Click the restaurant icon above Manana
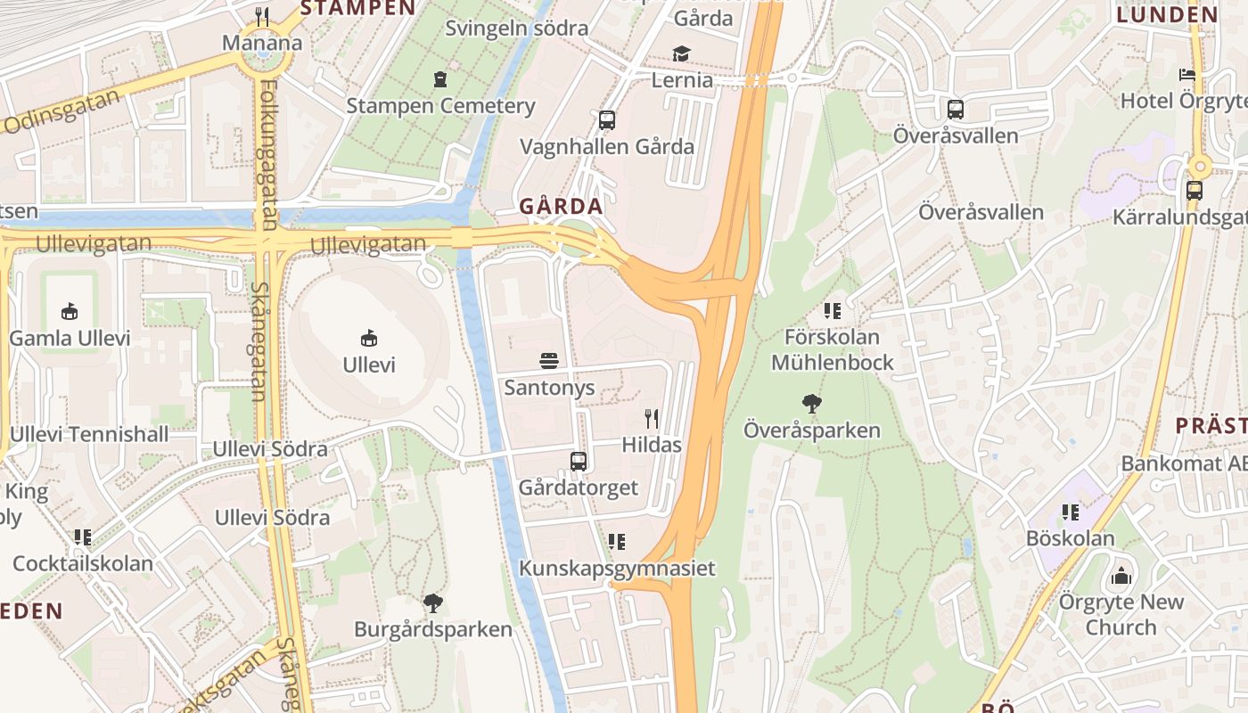click(x=262, y=16)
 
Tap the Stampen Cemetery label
click(x=440, y=106)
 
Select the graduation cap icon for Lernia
click(x=682, y=54)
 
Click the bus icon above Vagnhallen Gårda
click(x=607, y=120)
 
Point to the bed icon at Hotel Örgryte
click(x=1187, y=75)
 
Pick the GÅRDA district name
click(x=562, y=207)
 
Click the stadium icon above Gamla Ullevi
click(x=70, y=311)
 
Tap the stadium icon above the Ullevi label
click(x=369, y=338)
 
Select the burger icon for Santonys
click(x=549, y=361)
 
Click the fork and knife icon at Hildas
click(x=652, y=418)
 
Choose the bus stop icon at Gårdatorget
click(x=579, y=462)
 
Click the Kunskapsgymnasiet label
click(x=617, y=569)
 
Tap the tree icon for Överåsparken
click(x=811, y=404)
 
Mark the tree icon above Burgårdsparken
click(x=433, y=603)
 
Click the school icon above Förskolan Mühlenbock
click(x=833, y=311)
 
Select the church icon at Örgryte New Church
click(x=1121, y=576)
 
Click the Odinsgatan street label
click(x=61, y=112)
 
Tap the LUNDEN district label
click(x=1167, y=14)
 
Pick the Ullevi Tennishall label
click(x=89, y=435)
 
